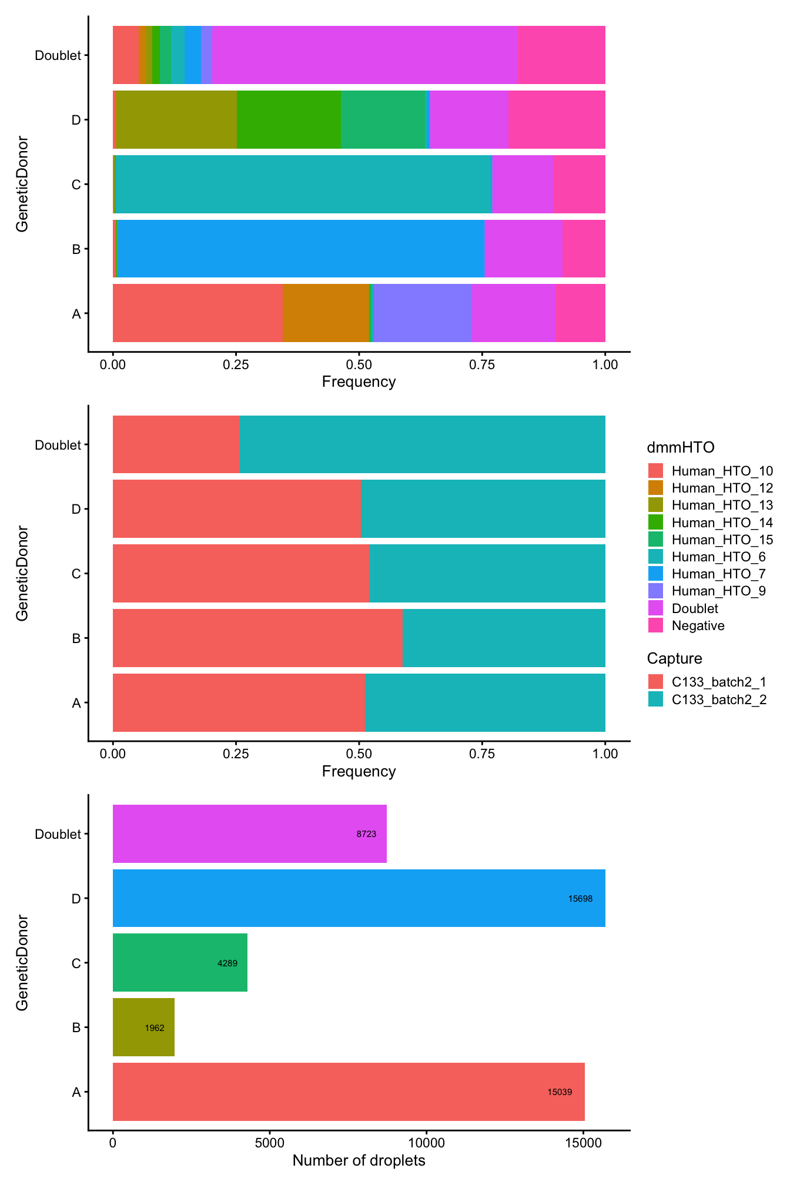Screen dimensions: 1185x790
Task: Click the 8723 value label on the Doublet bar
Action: pyautogui.click(x=366, y=834)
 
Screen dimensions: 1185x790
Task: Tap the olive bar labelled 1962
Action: pyautogui.click(x=143, y=1027)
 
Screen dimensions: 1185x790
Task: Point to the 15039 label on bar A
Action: pyautogui.click(x=559, y=1092)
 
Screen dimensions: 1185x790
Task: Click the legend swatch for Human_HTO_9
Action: pyautogui.click(x=655, y=591)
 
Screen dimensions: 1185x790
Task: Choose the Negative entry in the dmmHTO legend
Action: pyautogui.click(x=698, y=625)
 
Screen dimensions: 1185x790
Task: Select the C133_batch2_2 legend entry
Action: pyautogui.click(x=719, y=699)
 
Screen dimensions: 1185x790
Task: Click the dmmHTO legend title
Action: pyautogui.click(x=681, y=447)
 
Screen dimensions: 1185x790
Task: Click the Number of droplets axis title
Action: pyautogui.click(x=359, y=1161)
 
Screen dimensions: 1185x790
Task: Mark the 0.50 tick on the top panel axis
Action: pyautogui.click(x=359, y=364)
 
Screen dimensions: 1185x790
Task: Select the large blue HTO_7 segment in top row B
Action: pyautogui.click(x=300, y=249)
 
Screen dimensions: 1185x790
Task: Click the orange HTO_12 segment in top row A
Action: pyautogui.click(x=326, y=313)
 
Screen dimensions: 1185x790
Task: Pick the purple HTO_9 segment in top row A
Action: pyautogui.click(x=422, y=313)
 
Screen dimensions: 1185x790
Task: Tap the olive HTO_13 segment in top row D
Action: pyautogui.click(x=176, y=119)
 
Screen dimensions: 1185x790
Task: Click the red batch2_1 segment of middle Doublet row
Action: pyautogui.click(x=176, y=444)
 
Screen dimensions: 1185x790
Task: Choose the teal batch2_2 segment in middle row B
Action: pyautogui.click(x=504, y=638)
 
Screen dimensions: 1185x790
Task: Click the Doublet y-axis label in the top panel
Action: pyautogui.click(x=57, y=55)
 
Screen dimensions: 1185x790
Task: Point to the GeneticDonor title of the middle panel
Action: pyautogui.click(x=22, y=573)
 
